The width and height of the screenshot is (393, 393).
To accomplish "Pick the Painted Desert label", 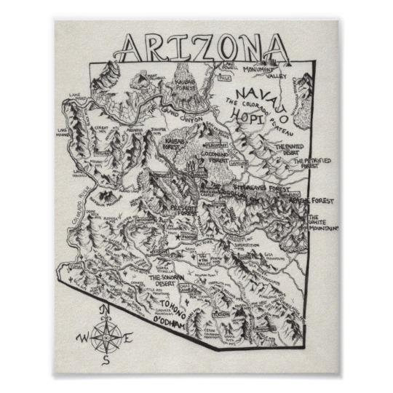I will [x=288, y=151].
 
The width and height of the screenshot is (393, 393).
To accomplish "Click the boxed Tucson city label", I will [x=222, y=314].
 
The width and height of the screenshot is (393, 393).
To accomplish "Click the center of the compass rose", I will [x=106, y=337].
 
